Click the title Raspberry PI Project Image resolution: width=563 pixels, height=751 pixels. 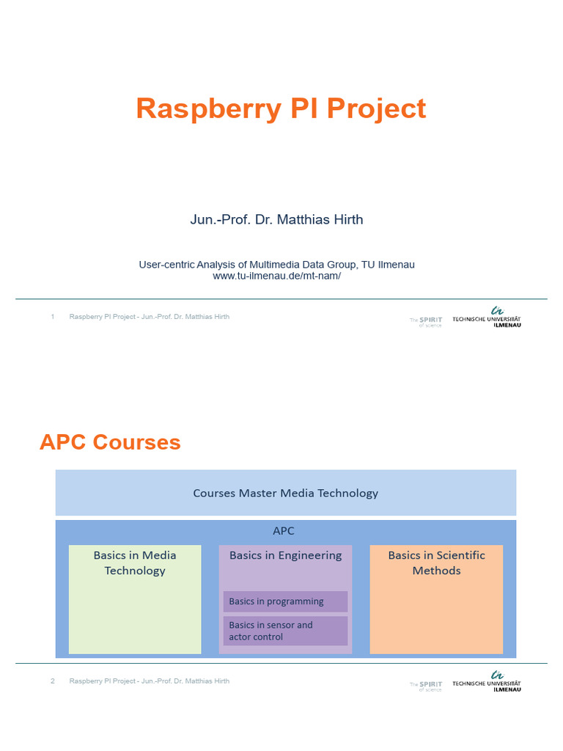click(281, 109)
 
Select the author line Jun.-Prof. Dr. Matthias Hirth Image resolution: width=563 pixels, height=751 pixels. click(276, 219)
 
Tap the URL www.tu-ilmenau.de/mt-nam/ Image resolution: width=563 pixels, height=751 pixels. click(276, 276)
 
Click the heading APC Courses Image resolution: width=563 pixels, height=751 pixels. click(110, 442)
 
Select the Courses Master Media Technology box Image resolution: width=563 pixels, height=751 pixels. click(285, 493)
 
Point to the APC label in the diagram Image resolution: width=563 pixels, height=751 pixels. click(283, 531)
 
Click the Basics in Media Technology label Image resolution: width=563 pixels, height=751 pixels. click(135, 563)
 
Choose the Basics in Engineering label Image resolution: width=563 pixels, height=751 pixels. click(285, 555)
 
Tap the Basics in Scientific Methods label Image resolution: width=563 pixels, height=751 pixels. click(436, 563)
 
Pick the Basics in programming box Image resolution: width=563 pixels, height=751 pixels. click(285, 601)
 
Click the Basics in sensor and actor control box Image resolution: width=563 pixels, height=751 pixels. click(285, 631)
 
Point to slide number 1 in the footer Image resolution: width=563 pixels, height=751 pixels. click(53, 317)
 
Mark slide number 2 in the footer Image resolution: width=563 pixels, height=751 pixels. click(53, 681)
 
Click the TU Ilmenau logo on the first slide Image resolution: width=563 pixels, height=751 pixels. click(487, 317)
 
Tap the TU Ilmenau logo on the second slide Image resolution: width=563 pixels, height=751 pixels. click(487, 681)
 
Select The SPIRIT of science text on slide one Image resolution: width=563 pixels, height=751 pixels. click(426, 321)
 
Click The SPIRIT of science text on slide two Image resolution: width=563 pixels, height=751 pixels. click(426, 686)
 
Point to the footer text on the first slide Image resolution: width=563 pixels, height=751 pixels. click(150, 317)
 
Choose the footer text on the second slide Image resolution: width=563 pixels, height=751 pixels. click(150, 681)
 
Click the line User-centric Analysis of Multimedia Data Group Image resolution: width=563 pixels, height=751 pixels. click(281, 264)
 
